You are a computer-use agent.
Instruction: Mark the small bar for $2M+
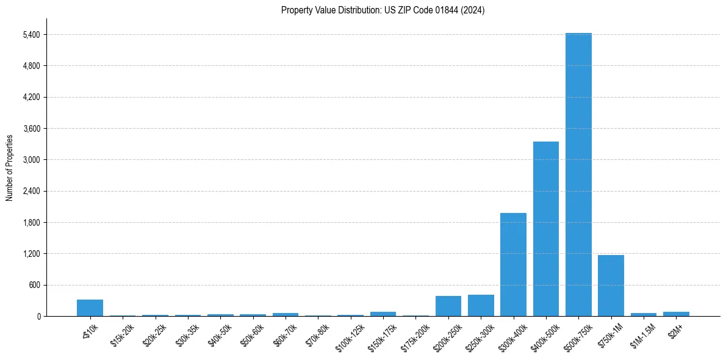click(x=676, y=314)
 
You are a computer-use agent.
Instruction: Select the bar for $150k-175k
click(x=383, y=314)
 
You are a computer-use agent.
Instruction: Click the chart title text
click(x=383, y=10)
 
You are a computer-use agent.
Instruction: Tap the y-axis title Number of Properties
click(x=9, y=168)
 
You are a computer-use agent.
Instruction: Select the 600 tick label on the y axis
click(x=34, y=285)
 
